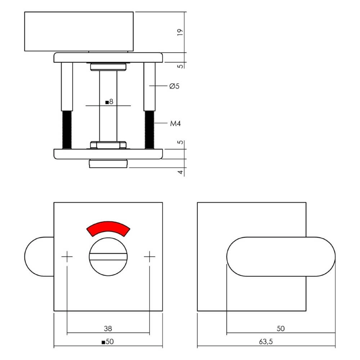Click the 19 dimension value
[180, 32]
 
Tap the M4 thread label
[175, 124]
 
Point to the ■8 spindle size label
[109, 102]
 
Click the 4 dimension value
[181, 172]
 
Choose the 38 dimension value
[108, 328]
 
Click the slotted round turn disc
[108, 256]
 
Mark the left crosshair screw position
[67, 256]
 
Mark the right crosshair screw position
[149, 256]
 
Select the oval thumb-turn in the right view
[281, 257]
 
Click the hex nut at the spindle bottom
[108, 145]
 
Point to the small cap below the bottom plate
[108, 163]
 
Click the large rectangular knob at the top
[78, 31]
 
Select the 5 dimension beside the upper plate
[181, 66]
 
